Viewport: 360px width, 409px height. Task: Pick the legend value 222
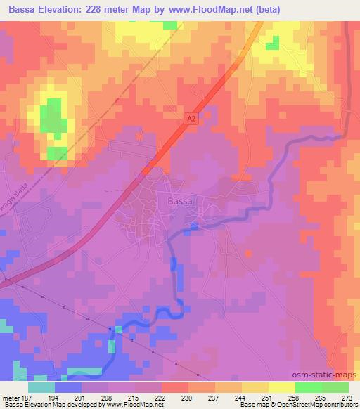point(174,397)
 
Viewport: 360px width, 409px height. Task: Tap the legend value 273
point(346,397)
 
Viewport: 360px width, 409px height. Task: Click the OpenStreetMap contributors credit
point(316,405)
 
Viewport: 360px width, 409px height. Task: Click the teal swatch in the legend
point(41,387)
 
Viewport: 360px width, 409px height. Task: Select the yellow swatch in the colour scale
point(281,387)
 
